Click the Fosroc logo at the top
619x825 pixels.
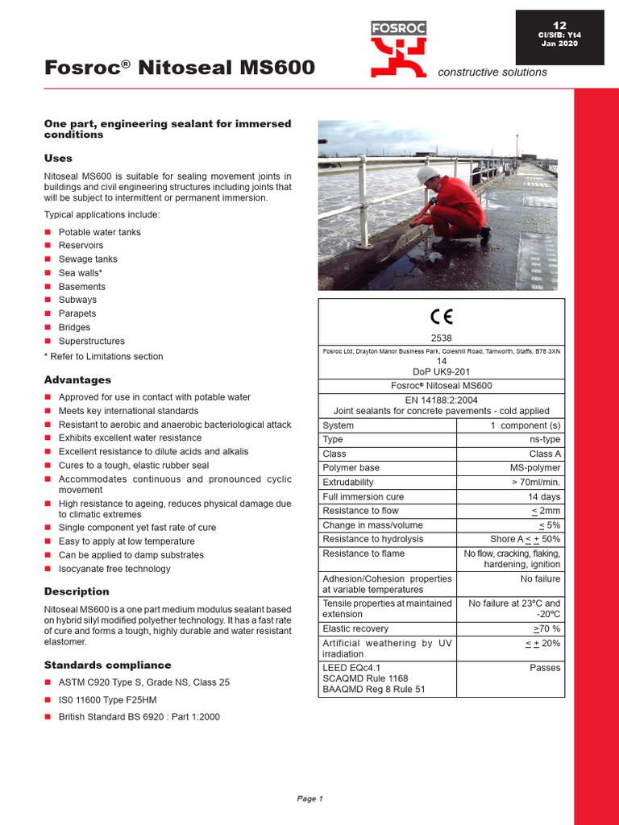click(398, 49)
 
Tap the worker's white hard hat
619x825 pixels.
click(427, 175)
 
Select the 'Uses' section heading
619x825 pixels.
click(58, 158)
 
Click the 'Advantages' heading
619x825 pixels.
click(77, 379)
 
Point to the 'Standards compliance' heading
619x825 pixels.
click(107, 665)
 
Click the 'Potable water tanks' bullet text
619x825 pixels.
click(99, 232)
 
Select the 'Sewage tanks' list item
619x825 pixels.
click(88, 259)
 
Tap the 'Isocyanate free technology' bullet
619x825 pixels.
click(114, 569)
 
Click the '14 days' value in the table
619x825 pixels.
click(544, 497)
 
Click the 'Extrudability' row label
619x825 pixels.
click(351, 483)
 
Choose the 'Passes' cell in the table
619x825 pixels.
click(545, 668)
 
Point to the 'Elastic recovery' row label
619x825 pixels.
click(355, 628)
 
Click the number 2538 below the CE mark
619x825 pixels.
click(441, 339)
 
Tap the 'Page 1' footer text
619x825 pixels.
click(309, 798)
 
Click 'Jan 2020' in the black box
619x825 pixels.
click(559, 44)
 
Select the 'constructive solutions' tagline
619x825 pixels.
click(492, 73)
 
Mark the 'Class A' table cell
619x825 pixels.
click(545, 454)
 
